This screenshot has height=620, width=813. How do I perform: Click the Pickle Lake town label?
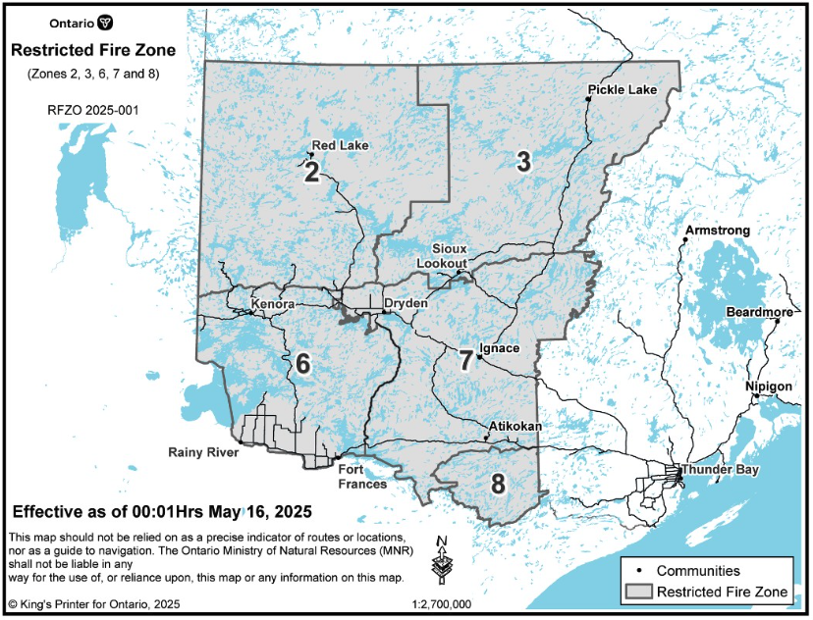[x=622, y=90]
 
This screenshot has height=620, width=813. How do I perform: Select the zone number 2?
[x=312, y=174]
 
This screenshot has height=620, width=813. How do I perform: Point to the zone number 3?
[x=523, y=163]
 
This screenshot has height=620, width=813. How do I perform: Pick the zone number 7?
[x=465, y=359]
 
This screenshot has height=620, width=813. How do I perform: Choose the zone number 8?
[x=498, y=484]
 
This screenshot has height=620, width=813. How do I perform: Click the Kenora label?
[x=273, y=305]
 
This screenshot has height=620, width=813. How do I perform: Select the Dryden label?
[x=406, y=304]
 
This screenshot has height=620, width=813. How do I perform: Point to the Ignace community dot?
[x=479, y=357]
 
